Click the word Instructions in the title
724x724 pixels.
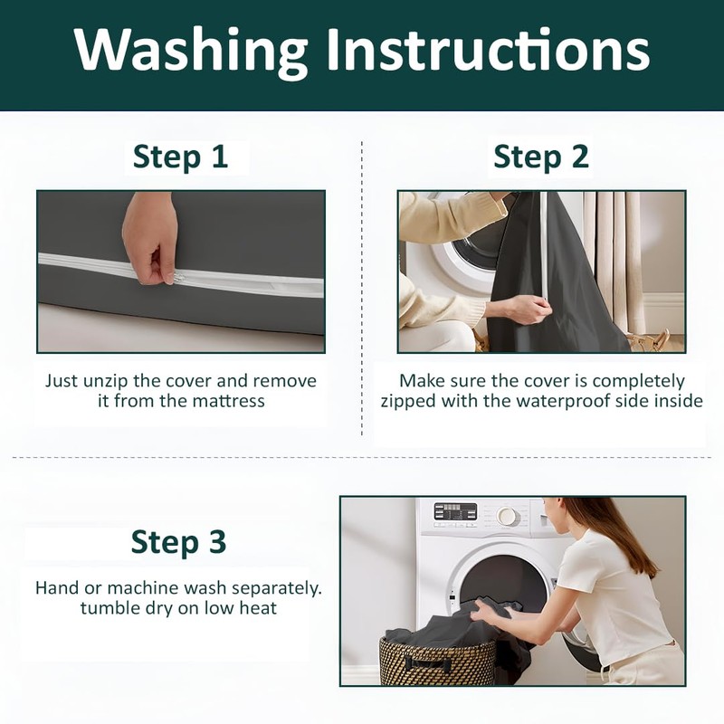point(489,49)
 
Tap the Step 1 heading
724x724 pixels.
point(180,157)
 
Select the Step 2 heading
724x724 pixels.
point(541,157)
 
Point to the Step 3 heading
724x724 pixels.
point(178,541)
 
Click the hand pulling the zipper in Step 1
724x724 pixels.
point(149,238)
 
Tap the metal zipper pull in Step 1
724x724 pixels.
point(179,278)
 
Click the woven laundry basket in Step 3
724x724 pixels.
point(437,661)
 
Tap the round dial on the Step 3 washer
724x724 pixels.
point(507,515)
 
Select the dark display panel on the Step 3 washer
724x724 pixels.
point(455,511)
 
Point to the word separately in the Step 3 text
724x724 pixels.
point(276,589)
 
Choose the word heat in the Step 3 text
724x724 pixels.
point(258,607)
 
